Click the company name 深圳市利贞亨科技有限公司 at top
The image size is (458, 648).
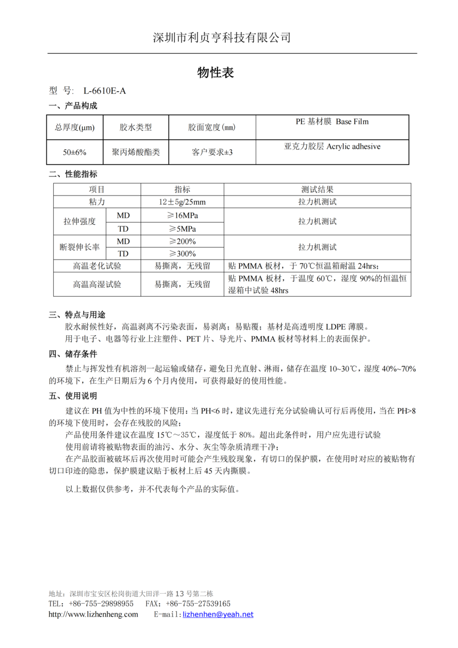(x=222, y=37)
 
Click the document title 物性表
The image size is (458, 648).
(x=215, y=73)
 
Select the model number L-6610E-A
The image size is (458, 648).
(x=104, y=91)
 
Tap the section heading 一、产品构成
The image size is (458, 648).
(x=73, y=106)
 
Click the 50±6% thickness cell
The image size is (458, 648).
(x=75, y=152)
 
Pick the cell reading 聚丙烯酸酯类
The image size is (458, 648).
(x=135, y=152)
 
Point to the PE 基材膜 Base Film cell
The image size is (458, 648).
(x=332, y=122)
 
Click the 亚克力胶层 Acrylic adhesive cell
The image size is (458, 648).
(x=332, y=147)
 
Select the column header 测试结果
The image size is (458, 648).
(x=317, y=189)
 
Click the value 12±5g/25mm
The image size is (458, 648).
(x=182, y=202)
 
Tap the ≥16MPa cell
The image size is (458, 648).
(x=182, y=215)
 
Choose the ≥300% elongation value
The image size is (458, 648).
(x=182, y=254)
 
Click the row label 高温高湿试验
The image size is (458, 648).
(x=97, y=285)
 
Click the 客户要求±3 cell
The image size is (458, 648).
(x=212, y=152)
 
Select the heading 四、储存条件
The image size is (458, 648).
(x=73, y=354)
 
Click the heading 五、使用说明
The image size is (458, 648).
(x=73, y=396)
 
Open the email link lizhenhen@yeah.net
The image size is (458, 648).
(x=218, y=614)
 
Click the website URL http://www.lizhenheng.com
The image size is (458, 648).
(x=93, y=614)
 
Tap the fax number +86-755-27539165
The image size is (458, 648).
(x=198, y=604)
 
